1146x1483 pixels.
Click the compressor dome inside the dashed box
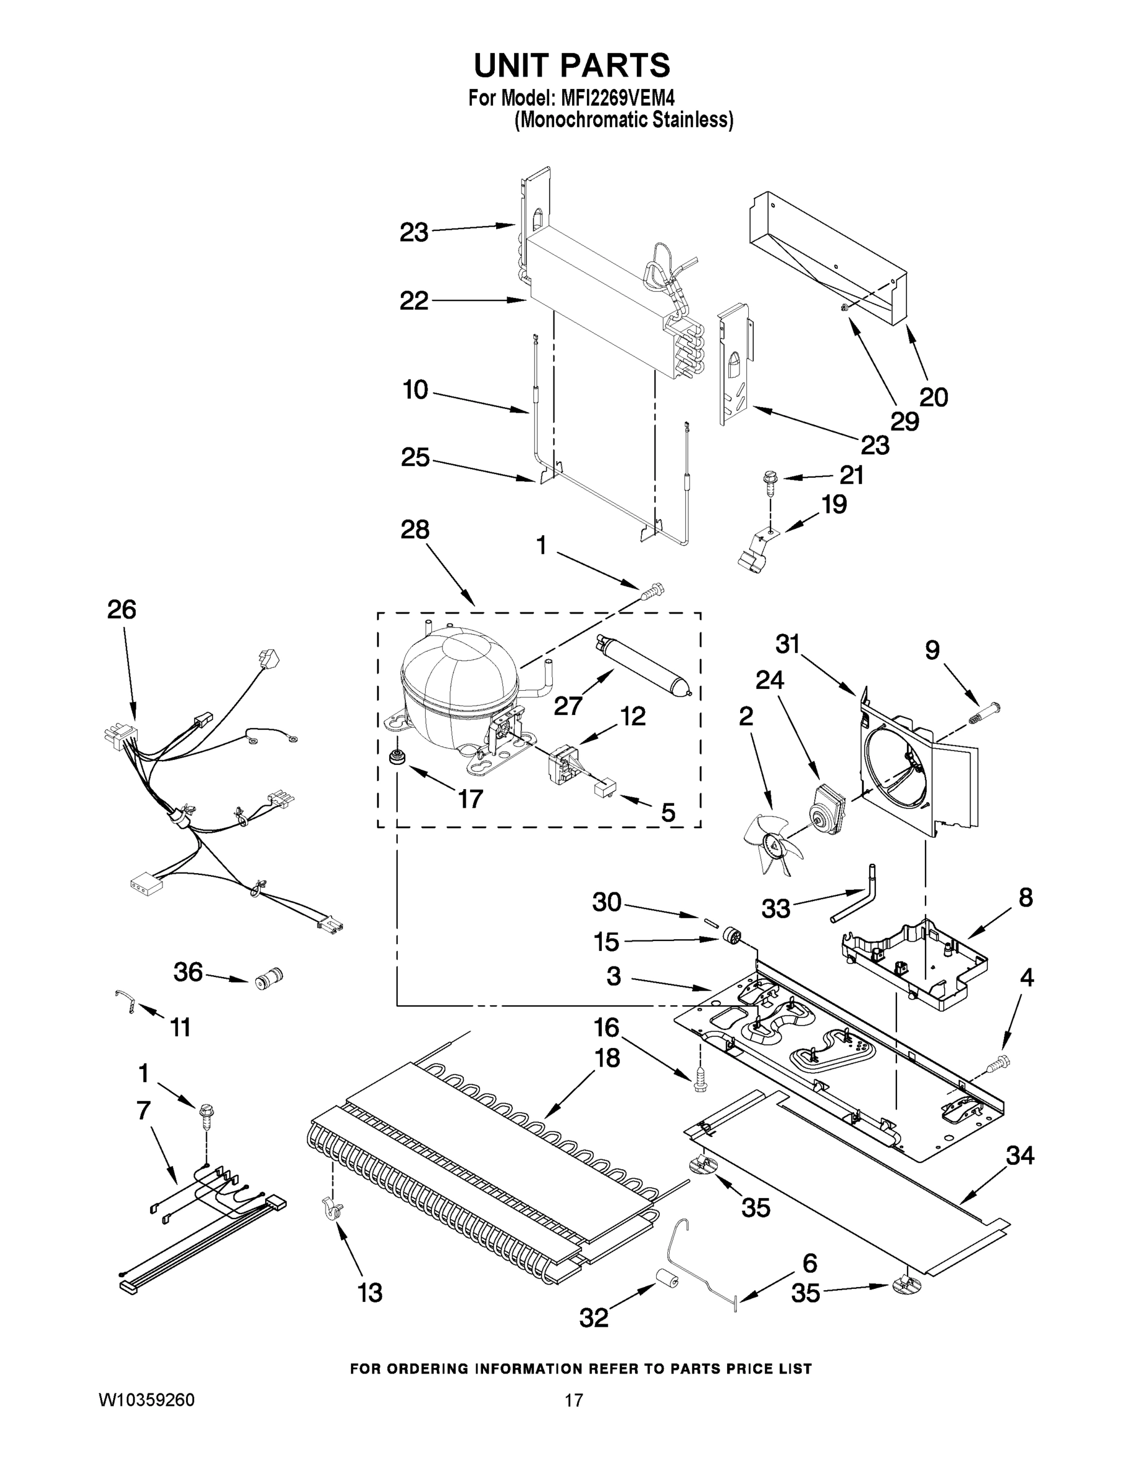pos(459,686)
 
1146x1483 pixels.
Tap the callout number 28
pos(415,529)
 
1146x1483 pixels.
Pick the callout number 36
pos(188,972)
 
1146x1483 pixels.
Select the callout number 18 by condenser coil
pos(607,1058)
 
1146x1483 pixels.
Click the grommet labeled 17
pos(394,756)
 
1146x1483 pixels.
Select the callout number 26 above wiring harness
pos(122,610)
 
